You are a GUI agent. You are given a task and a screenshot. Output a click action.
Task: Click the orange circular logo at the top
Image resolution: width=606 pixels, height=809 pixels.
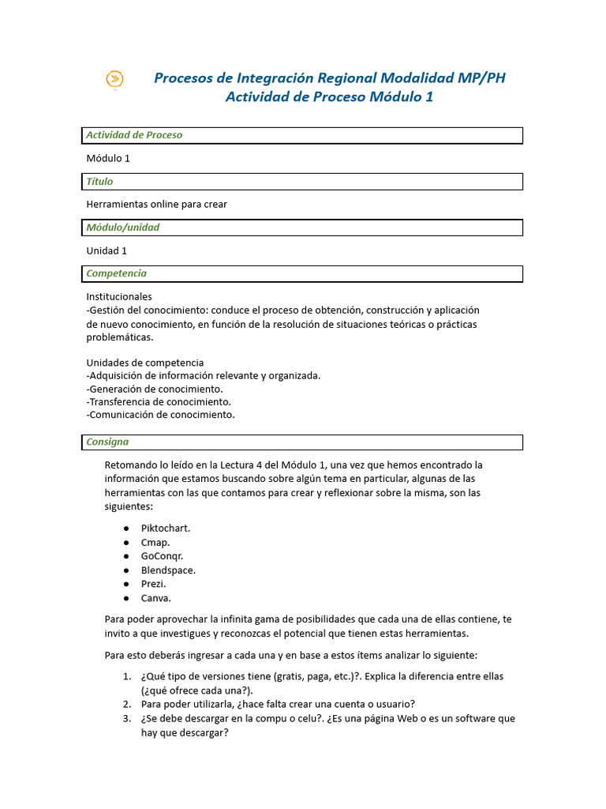tap(115, 79)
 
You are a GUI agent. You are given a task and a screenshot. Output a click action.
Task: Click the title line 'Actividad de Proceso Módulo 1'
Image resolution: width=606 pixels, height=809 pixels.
tap(329, 97)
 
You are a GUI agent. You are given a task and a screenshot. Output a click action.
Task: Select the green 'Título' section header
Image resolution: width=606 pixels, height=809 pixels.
tap(99, 182)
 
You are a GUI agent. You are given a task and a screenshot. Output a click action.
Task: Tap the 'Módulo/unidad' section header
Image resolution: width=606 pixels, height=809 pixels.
tap(122, 228)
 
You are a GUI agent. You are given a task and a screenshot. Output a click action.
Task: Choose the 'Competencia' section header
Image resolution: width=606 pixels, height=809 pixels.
tap(116, 273)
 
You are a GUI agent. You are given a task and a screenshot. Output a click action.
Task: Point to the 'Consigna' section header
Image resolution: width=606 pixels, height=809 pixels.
tap(107, 442)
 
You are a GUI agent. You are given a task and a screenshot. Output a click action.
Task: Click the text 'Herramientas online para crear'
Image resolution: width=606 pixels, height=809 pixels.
tap(156, 205)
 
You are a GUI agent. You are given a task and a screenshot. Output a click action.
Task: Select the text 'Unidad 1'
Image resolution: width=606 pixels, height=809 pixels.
tap(107, 251)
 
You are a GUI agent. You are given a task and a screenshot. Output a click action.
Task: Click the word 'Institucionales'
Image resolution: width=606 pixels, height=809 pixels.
tap(118, 296)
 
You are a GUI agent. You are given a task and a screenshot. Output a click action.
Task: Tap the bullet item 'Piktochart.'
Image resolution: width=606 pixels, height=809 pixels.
tap(166, 528)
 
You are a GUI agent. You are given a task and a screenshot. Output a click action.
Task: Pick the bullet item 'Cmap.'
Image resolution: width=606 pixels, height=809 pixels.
tap(155, 542)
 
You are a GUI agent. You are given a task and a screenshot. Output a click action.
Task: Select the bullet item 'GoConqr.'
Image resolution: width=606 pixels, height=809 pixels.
tap(162, 556)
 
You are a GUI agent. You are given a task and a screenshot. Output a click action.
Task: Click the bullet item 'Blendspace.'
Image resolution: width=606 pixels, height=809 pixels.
tap(168, 570)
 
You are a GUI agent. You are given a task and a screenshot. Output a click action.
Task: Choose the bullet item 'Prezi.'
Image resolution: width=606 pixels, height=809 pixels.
tap(154, 584)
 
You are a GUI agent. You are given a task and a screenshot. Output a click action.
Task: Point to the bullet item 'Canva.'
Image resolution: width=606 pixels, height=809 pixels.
tap(156, 598)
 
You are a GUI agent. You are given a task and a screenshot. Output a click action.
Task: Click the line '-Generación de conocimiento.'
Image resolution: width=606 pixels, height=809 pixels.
tap(155, 389)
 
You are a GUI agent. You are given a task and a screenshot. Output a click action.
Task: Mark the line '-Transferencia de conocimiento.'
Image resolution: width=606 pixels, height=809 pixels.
tap(159, 401)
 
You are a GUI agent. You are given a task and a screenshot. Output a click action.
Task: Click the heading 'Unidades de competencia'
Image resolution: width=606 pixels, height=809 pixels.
tap(144, 363)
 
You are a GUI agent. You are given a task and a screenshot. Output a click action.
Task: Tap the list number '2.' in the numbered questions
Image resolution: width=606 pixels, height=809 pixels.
tap(126, 704)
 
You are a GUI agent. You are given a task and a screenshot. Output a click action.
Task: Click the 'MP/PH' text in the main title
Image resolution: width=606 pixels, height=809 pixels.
tap(481, 77)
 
